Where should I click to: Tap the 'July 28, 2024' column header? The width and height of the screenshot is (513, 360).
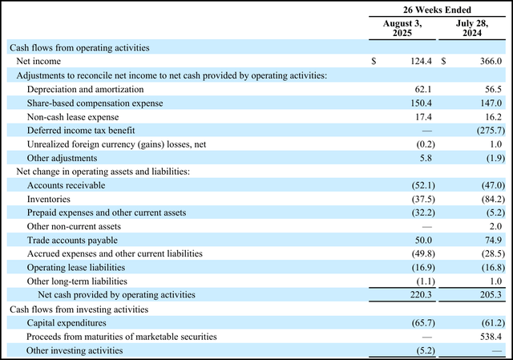pyautogui.click(x=473, y=29)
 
